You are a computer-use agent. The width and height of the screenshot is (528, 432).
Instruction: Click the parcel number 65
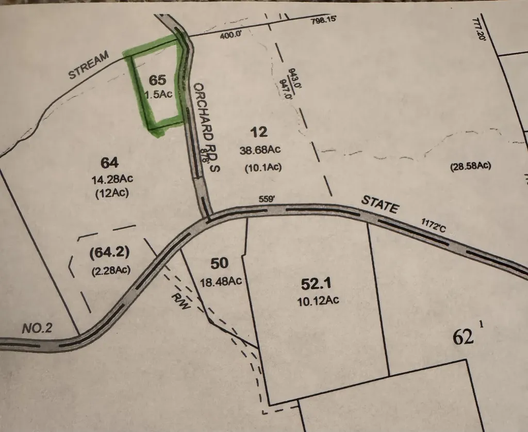[158, 80]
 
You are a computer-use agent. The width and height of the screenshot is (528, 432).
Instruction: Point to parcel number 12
[259, 132]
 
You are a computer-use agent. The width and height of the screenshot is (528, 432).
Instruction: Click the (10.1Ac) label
[262, 167]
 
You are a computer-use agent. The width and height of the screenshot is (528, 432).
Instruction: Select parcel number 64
[110, 163]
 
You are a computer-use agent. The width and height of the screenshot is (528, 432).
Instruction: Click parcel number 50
[220, 264]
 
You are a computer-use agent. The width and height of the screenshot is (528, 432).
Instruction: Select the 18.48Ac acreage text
[221, 282]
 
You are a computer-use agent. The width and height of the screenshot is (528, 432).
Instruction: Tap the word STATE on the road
[381, 204]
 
